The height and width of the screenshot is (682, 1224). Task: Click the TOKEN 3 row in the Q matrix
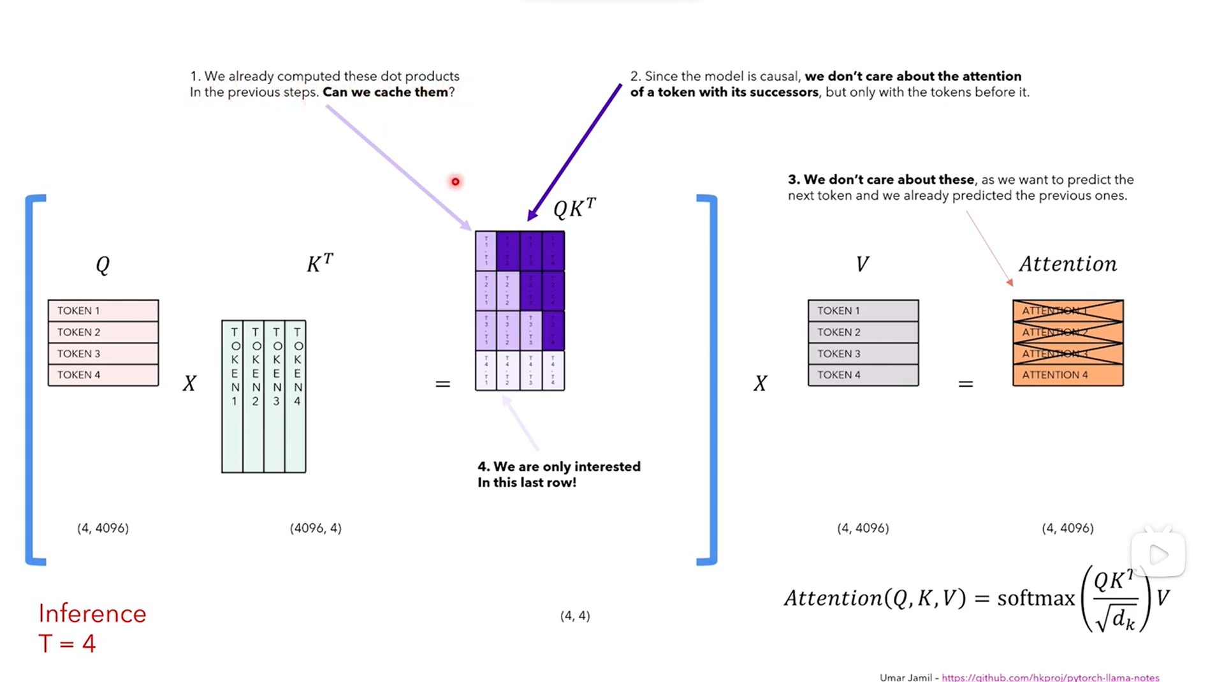tap(103, 353)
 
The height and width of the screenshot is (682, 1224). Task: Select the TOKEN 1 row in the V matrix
tap(863, 311)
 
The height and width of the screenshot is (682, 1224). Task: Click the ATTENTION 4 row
tap(1067, 375)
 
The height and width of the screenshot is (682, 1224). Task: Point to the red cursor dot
tap(455, 182)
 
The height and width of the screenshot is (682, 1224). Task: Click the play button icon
tap(1158, 554)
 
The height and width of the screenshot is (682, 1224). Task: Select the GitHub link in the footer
tap(1050, 677)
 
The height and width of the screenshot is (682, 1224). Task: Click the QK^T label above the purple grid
tap(574, 209)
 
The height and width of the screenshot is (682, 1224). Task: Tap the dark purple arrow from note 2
tap(574, 153)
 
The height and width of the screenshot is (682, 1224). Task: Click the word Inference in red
tap(92, 614)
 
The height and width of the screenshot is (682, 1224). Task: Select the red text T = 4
tap(67, 643)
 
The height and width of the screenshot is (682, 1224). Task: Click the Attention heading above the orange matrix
tap(1067, 264)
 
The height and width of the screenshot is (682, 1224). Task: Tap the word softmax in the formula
tap(1035, 598)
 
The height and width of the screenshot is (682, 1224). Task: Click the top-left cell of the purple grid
tap(486, 251)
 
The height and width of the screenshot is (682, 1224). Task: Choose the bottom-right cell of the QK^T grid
tap(553, 371)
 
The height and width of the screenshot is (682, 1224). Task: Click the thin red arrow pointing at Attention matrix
tap(988, 249)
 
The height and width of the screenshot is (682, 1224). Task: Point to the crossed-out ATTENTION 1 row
tap(1067, 311)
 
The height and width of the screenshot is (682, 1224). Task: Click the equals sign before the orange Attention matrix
tap(965, 384)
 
